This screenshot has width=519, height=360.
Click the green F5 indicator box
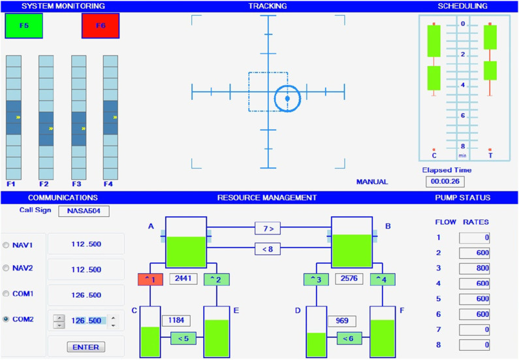click(24, 25)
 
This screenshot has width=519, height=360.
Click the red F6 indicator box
click(101, 25)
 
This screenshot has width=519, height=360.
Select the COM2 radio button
click(6, 319)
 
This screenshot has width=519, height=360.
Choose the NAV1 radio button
click(6, 245)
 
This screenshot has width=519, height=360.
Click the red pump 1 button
click(150, 280)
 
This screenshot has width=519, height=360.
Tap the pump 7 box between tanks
click(268, 229)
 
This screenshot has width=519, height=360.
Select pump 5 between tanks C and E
click(183, 338)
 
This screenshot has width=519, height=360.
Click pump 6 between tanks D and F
click(349, 338)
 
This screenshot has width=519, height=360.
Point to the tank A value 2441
click(183, 278)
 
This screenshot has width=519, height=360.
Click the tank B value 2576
click(349, 278)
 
